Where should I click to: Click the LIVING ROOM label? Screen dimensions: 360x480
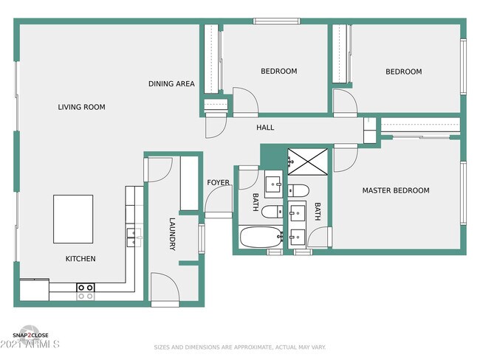click(81, 108)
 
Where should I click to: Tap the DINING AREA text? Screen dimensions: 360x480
click(171, 84)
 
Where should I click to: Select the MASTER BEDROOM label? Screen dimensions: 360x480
click(395, 190)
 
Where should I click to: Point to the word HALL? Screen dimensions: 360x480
click(265, 128)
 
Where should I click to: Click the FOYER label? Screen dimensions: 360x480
click(218, 182)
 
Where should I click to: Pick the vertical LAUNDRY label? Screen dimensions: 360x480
click(172, 234)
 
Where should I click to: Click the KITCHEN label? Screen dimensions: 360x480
click(80, 259)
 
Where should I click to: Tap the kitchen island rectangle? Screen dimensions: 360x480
click(73, 218)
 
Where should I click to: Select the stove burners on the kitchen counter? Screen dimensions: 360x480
click(86, 291)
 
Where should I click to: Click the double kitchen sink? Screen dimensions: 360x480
click(134, 236)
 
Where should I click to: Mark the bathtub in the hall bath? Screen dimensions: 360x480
click(261, 238)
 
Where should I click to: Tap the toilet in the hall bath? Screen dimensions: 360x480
click(271, 212)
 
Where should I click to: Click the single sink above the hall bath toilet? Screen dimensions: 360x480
click(273, 184)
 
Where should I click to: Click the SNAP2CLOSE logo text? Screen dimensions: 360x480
click(30, 336)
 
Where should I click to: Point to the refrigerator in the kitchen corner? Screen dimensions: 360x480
click(34, 290)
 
